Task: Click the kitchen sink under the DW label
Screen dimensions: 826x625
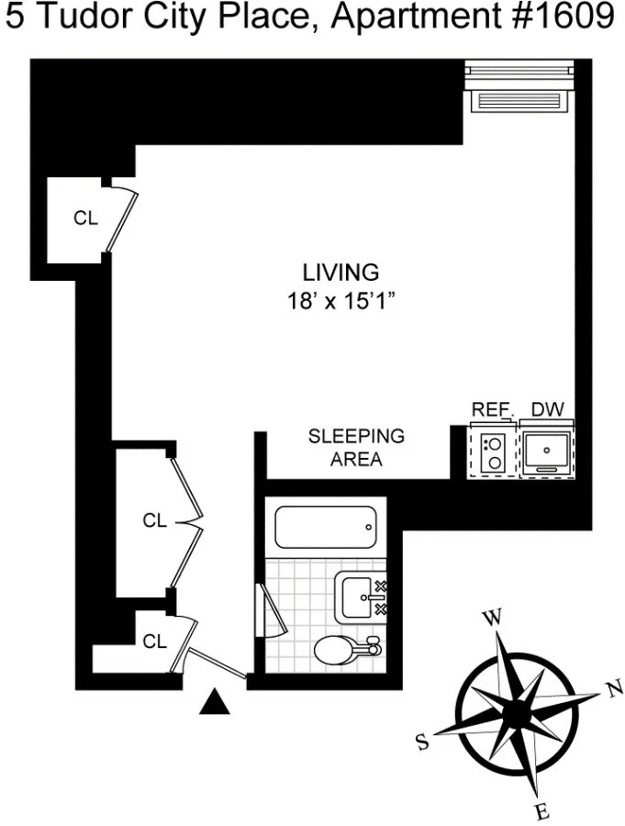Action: (548, 451)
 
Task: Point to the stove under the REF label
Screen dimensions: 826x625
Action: (494, 451)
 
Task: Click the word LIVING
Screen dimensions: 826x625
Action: (340, 273)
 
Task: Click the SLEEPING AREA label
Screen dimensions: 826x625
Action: (356, 448)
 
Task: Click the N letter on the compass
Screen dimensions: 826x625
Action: (616, 690)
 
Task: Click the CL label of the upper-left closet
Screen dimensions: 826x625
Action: (85, 218)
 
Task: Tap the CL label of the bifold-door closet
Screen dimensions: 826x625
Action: (154, 520)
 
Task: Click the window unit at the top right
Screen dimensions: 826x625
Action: (520, 88)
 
